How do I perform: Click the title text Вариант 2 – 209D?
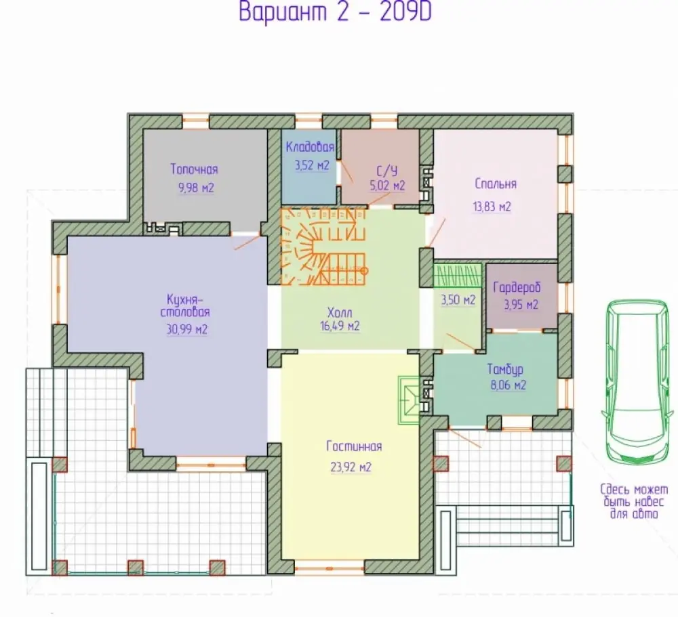coord(335,12)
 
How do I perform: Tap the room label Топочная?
coord(194,169)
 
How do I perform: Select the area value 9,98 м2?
coord(196,188)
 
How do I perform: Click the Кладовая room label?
coord(310,147)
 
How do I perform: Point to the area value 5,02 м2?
coord(387,186)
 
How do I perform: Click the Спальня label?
coord(496,184)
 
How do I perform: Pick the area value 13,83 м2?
coord(492,207)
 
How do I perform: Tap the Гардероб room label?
coord(517,287)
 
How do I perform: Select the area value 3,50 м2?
coord(458,300)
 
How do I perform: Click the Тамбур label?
coord(505,369)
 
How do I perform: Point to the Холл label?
coord(340,312)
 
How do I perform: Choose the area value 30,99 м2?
coord(187,330)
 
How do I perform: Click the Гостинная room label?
coord(354,446)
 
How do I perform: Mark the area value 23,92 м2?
coord(351,467)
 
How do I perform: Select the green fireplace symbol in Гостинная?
coord(409,400)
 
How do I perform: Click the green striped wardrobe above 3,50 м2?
coord(458,275)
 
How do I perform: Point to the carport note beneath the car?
coord(634,502)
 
